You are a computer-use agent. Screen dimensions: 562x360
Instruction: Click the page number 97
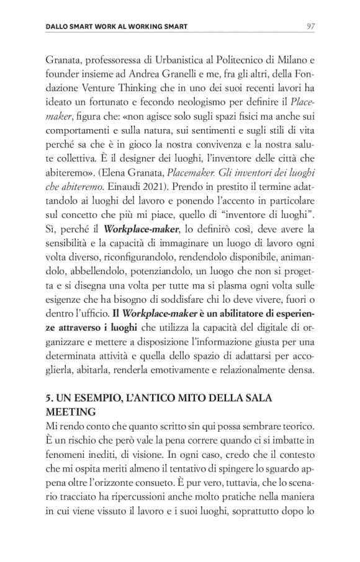pos(312,26)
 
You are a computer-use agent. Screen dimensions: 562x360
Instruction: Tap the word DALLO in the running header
pos(59,27)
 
